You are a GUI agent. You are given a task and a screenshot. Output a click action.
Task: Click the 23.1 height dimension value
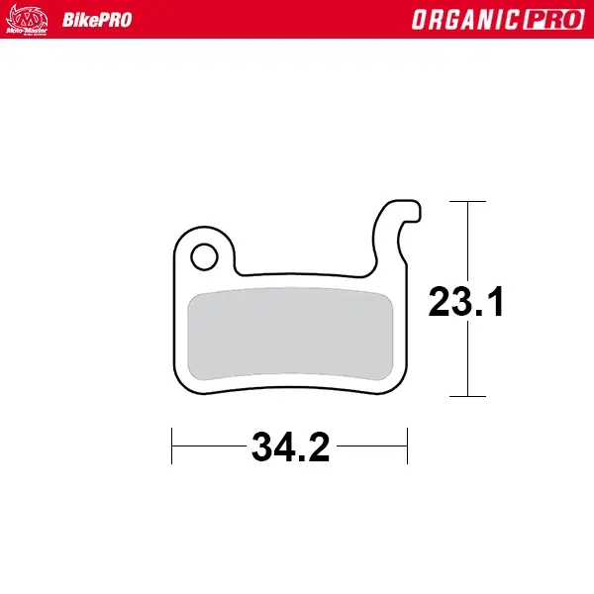[x=466, y=302]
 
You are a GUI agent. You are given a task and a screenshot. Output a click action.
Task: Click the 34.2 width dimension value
[x=290, y=447]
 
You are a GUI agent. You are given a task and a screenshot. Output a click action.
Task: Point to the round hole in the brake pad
[x=204, y=256]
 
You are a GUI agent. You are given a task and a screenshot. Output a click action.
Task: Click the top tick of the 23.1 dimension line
[x=467, y=202]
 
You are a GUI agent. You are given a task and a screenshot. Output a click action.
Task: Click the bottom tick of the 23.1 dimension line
[x=467, y=396]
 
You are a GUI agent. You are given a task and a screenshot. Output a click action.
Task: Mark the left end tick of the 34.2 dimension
[x=173, y=445]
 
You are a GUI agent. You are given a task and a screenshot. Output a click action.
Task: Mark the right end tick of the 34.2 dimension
[x=407, y=445]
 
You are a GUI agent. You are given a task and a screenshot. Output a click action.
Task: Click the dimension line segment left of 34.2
[x=210, y=445]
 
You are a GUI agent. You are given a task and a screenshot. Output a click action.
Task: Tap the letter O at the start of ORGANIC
[x=423, y=20]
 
